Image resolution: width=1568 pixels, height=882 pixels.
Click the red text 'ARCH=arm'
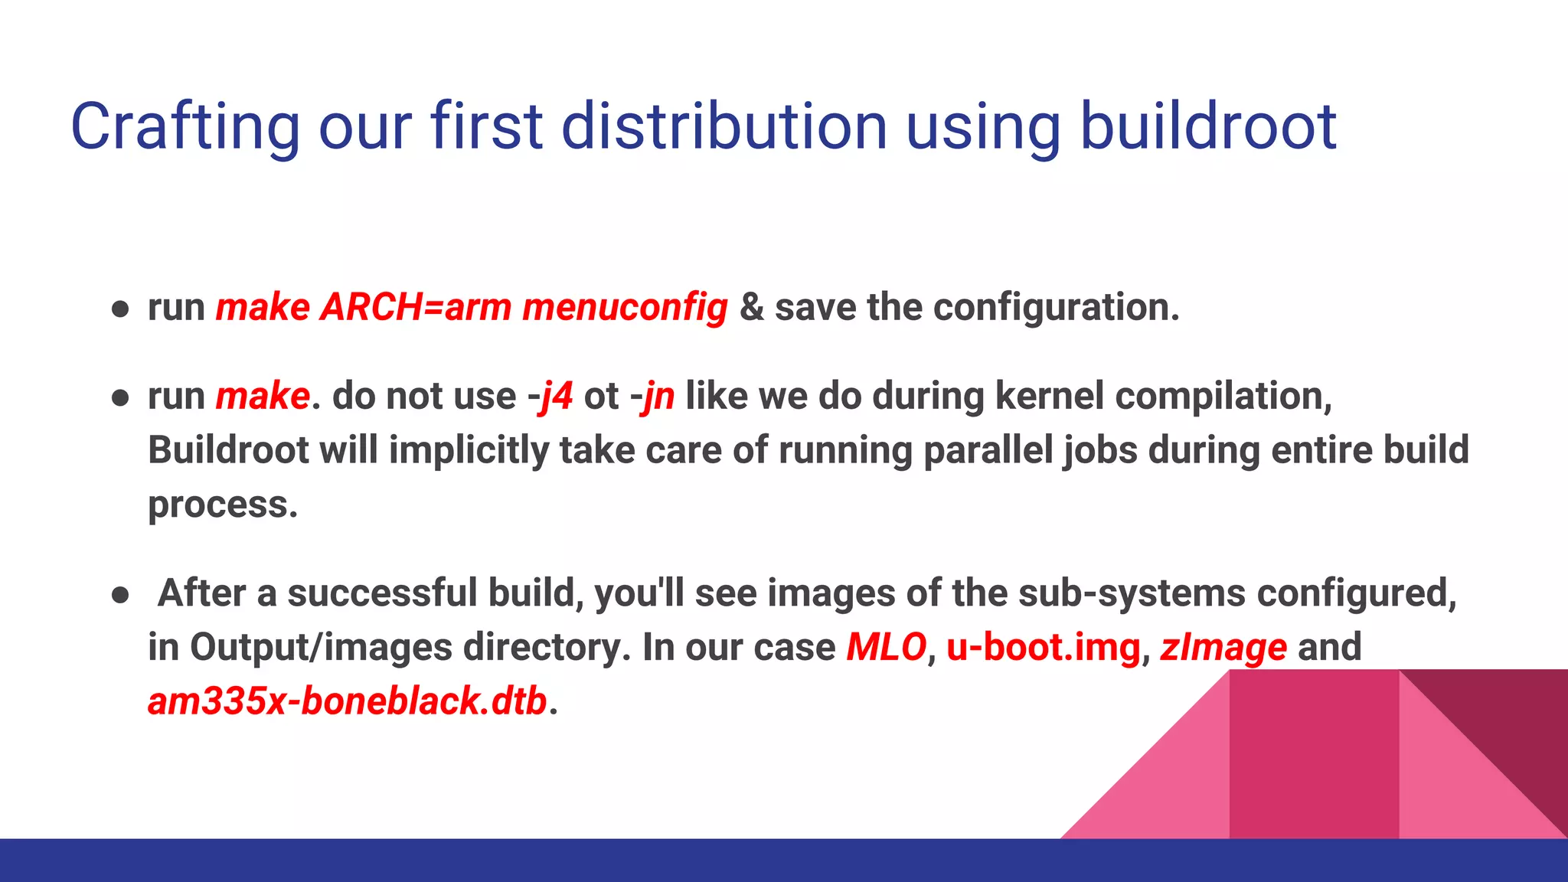coord(416,308)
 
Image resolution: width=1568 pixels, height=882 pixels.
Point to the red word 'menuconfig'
coord(625,308)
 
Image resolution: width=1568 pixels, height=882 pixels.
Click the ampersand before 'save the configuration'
coord(751,308)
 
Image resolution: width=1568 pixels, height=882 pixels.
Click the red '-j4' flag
coord(550,397)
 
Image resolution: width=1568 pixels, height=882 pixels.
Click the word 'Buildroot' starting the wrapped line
coord(228,450)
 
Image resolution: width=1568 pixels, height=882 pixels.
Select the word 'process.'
coord(223,505)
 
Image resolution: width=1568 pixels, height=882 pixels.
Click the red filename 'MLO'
coord(886,648)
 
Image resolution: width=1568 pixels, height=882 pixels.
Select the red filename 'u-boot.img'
coord(1044,648)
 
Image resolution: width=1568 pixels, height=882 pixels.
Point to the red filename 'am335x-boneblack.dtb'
coord(348,701)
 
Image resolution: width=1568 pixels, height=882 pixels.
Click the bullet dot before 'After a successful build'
coord(120,595)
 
